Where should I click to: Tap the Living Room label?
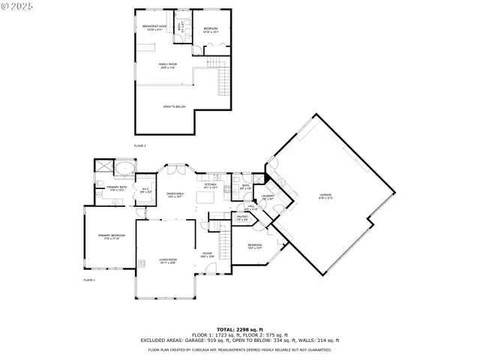point(166,262)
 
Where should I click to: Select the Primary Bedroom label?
point(110,237)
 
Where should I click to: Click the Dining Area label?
point(175,194)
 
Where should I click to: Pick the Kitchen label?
point(210,185)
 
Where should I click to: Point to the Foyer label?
point(208,254)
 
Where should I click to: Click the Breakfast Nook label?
point(154,27)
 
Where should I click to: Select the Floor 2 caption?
point(139,145)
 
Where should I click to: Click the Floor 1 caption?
point(88,280)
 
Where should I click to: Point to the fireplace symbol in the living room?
point(140,262)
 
